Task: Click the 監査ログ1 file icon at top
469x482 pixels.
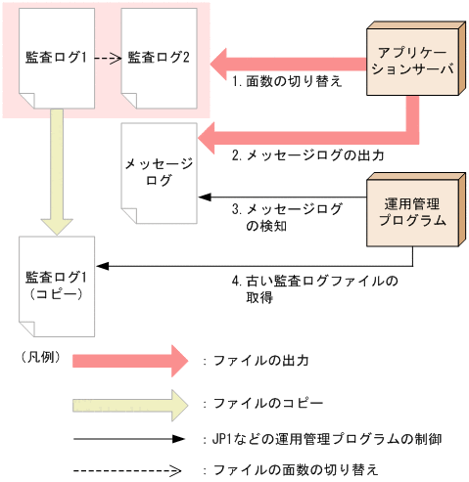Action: click(x=56, y=58)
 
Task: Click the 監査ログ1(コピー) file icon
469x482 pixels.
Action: click(x=56, y=285)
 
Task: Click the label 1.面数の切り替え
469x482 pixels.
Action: click(x=286, y=83)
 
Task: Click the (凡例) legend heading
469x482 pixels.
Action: click(x=40, y=358)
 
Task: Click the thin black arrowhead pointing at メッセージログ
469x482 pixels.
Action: click(x=203, y=197)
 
